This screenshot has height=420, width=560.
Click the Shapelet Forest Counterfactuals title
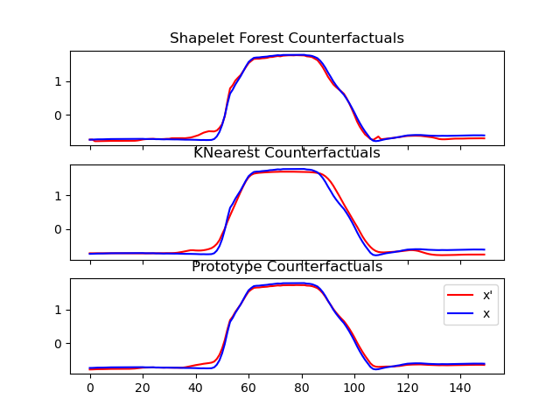(287, 38)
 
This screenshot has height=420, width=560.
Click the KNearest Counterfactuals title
(287, 153)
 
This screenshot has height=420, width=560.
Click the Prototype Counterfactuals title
(287, 267)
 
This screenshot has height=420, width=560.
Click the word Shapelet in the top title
(198, 38)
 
